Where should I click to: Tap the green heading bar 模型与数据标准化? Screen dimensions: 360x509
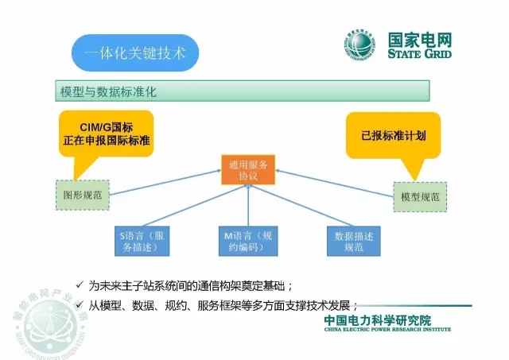243,91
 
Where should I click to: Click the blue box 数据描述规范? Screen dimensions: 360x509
354,242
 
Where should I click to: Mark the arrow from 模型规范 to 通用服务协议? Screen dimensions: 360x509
334,181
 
